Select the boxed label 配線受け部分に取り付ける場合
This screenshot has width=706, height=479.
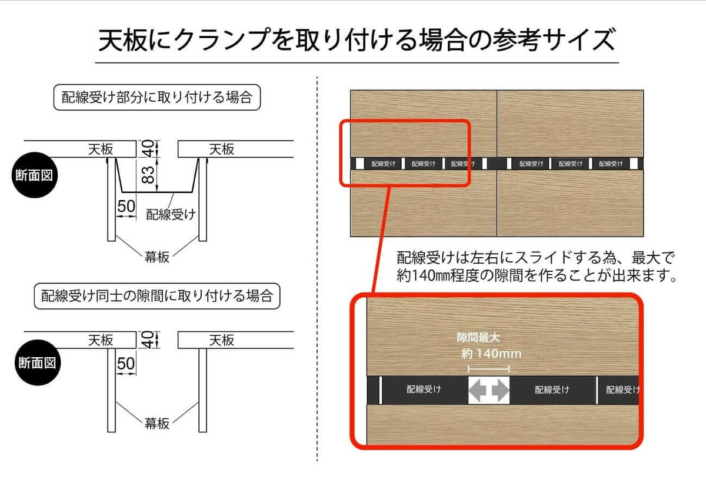(x=157, y=97)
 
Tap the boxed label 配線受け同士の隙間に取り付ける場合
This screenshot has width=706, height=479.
(x=156, y=295)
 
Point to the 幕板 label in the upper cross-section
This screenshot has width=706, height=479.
(x=157, y=257)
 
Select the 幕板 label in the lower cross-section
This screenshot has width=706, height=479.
(x=157, y=423)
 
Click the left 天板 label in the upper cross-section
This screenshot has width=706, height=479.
(x=101, y=149)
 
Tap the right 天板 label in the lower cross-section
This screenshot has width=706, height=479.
(x=222, y=340)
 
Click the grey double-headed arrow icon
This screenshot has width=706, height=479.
(x=488, y=390)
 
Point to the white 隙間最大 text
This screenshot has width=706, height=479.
(x=478, y=338)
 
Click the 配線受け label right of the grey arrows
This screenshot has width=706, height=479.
(x=552, y=390)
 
